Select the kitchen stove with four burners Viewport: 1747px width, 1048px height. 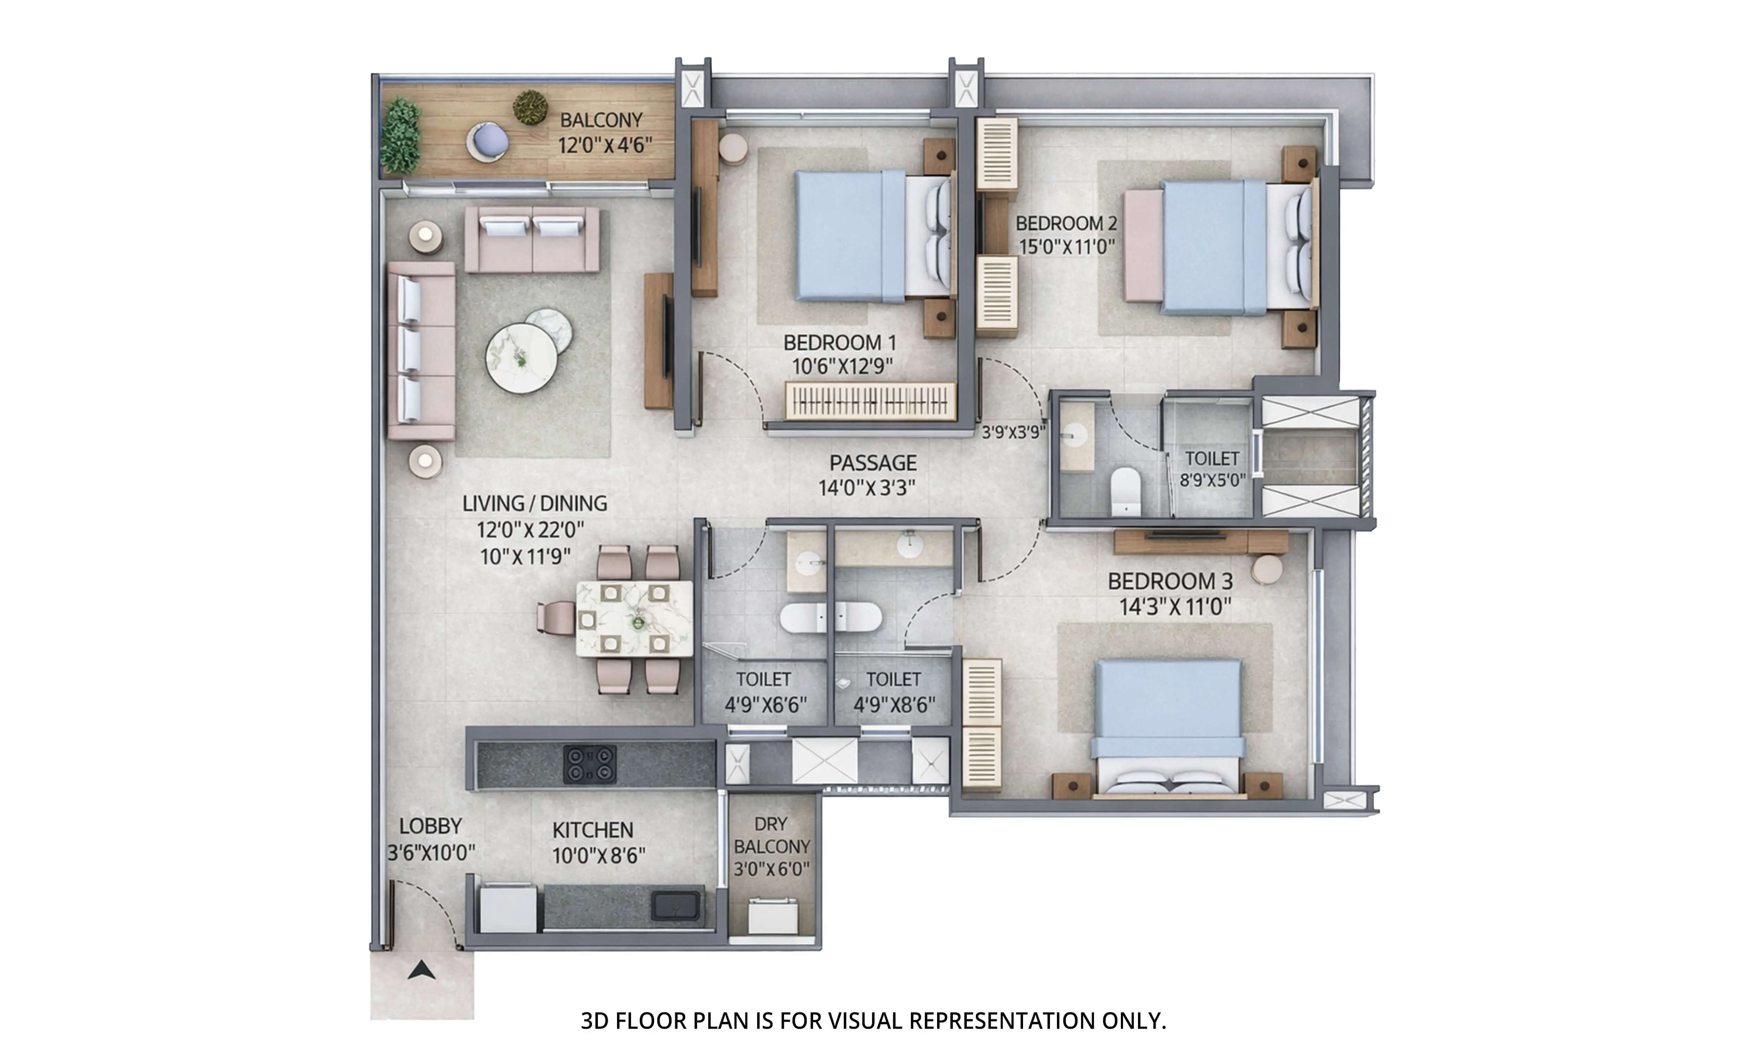pos(589,764)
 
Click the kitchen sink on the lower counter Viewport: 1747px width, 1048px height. pos(675,905)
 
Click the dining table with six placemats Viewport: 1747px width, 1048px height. pos(633,618)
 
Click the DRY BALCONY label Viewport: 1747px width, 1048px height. pos(771,835)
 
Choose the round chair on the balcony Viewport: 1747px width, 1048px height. pos(487,142)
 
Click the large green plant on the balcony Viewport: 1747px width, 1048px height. pos(400,136)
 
